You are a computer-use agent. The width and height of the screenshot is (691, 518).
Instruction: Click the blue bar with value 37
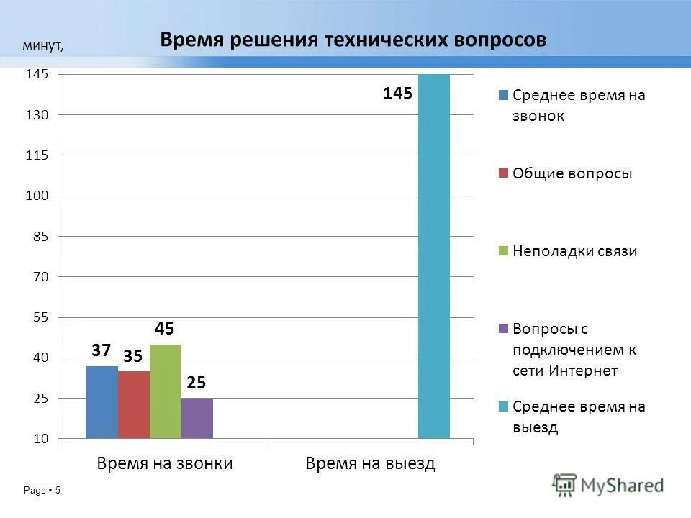(x=102, y=402)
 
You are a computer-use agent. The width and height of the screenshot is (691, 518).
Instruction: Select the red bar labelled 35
(x=134, y=404)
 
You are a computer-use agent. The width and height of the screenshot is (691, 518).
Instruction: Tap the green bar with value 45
(x=166, y=391)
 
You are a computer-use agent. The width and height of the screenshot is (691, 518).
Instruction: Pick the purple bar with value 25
(x=197, y=418)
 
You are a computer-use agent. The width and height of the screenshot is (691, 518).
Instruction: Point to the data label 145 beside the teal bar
(x=397, y=94)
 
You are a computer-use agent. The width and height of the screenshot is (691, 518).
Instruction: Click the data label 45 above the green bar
(x=164, y=329)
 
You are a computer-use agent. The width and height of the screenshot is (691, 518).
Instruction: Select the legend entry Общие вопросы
(x=572, y=173)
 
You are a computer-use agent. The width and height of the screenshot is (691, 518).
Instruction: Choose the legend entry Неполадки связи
(x=574, y=251)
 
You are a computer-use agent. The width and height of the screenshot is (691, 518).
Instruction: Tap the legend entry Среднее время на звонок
(x=579, y=105)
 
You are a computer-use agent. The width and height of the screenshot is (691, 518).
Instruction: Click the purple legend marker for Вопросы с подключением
(x=504, y=329)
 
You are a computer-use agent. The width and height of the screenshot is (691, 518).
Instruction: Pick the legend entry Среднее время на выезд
(x=579, y=417)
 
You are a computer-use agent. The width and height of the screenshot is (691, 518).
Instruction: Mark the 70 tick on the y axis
(x=38, y=276)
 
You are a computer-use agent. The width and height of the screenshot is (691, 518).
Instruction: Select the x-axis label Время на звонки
(x=165, y=463)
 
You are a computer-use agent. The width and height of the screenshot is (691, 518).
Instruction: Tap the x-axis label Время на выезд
(x=371, y=463)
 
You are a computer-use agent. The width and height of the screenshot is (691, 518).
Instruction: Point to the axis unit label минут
(x=42, y=46)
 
